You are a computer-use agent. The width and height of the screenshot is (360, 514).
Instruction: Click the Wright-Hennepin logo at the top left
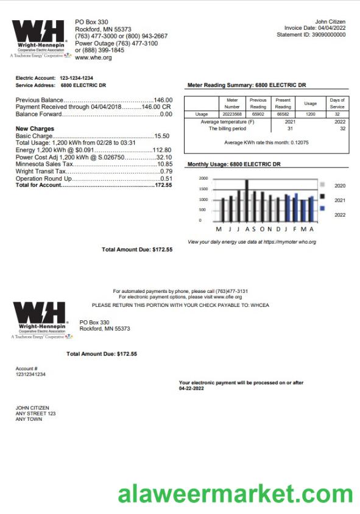(38, 38)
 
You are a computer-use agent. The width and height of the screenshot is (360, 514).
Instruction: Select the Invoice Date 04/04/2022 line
(315, 28)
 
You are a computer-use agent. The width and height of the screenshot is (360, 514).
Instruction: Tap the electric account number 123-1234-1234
(76, 79)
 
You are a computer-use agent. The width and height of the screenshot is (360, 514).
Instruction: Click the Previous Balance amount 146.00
(163, 100)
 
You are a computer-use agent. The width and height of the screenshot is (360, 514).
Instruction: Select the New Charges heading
(35, 128)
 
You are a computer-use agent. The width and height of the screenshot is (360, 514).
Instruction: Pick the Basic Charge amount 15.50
(162, 136)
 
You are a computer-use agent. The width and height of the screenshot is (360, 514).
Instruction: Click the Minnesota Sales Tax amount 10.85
(164, 164)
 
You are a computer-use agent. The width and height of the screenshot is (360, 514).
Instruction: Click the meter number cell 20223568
(232, 114)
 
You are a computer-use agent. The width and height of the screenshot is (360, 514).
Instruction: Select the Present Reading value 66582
(283, 114)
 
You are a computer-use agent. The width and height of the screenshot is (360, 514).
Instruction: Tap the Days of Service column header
(337, 103)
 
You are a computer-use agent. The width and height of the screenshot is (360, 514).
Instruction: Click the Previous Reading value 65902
(258, 114)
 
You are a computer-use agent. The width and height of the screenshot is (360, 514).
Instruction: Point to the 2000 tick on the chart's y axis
(203, 178)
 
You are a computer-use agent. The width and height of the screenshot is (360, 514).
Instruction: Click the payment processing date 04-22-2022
(191, 388)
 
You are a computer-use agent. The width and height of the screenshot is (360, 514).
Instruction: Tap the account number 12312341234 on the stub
(30, 374)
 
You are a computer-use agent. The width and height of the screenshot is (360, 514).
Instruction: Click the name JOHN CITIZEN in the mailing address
(32, 407)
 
